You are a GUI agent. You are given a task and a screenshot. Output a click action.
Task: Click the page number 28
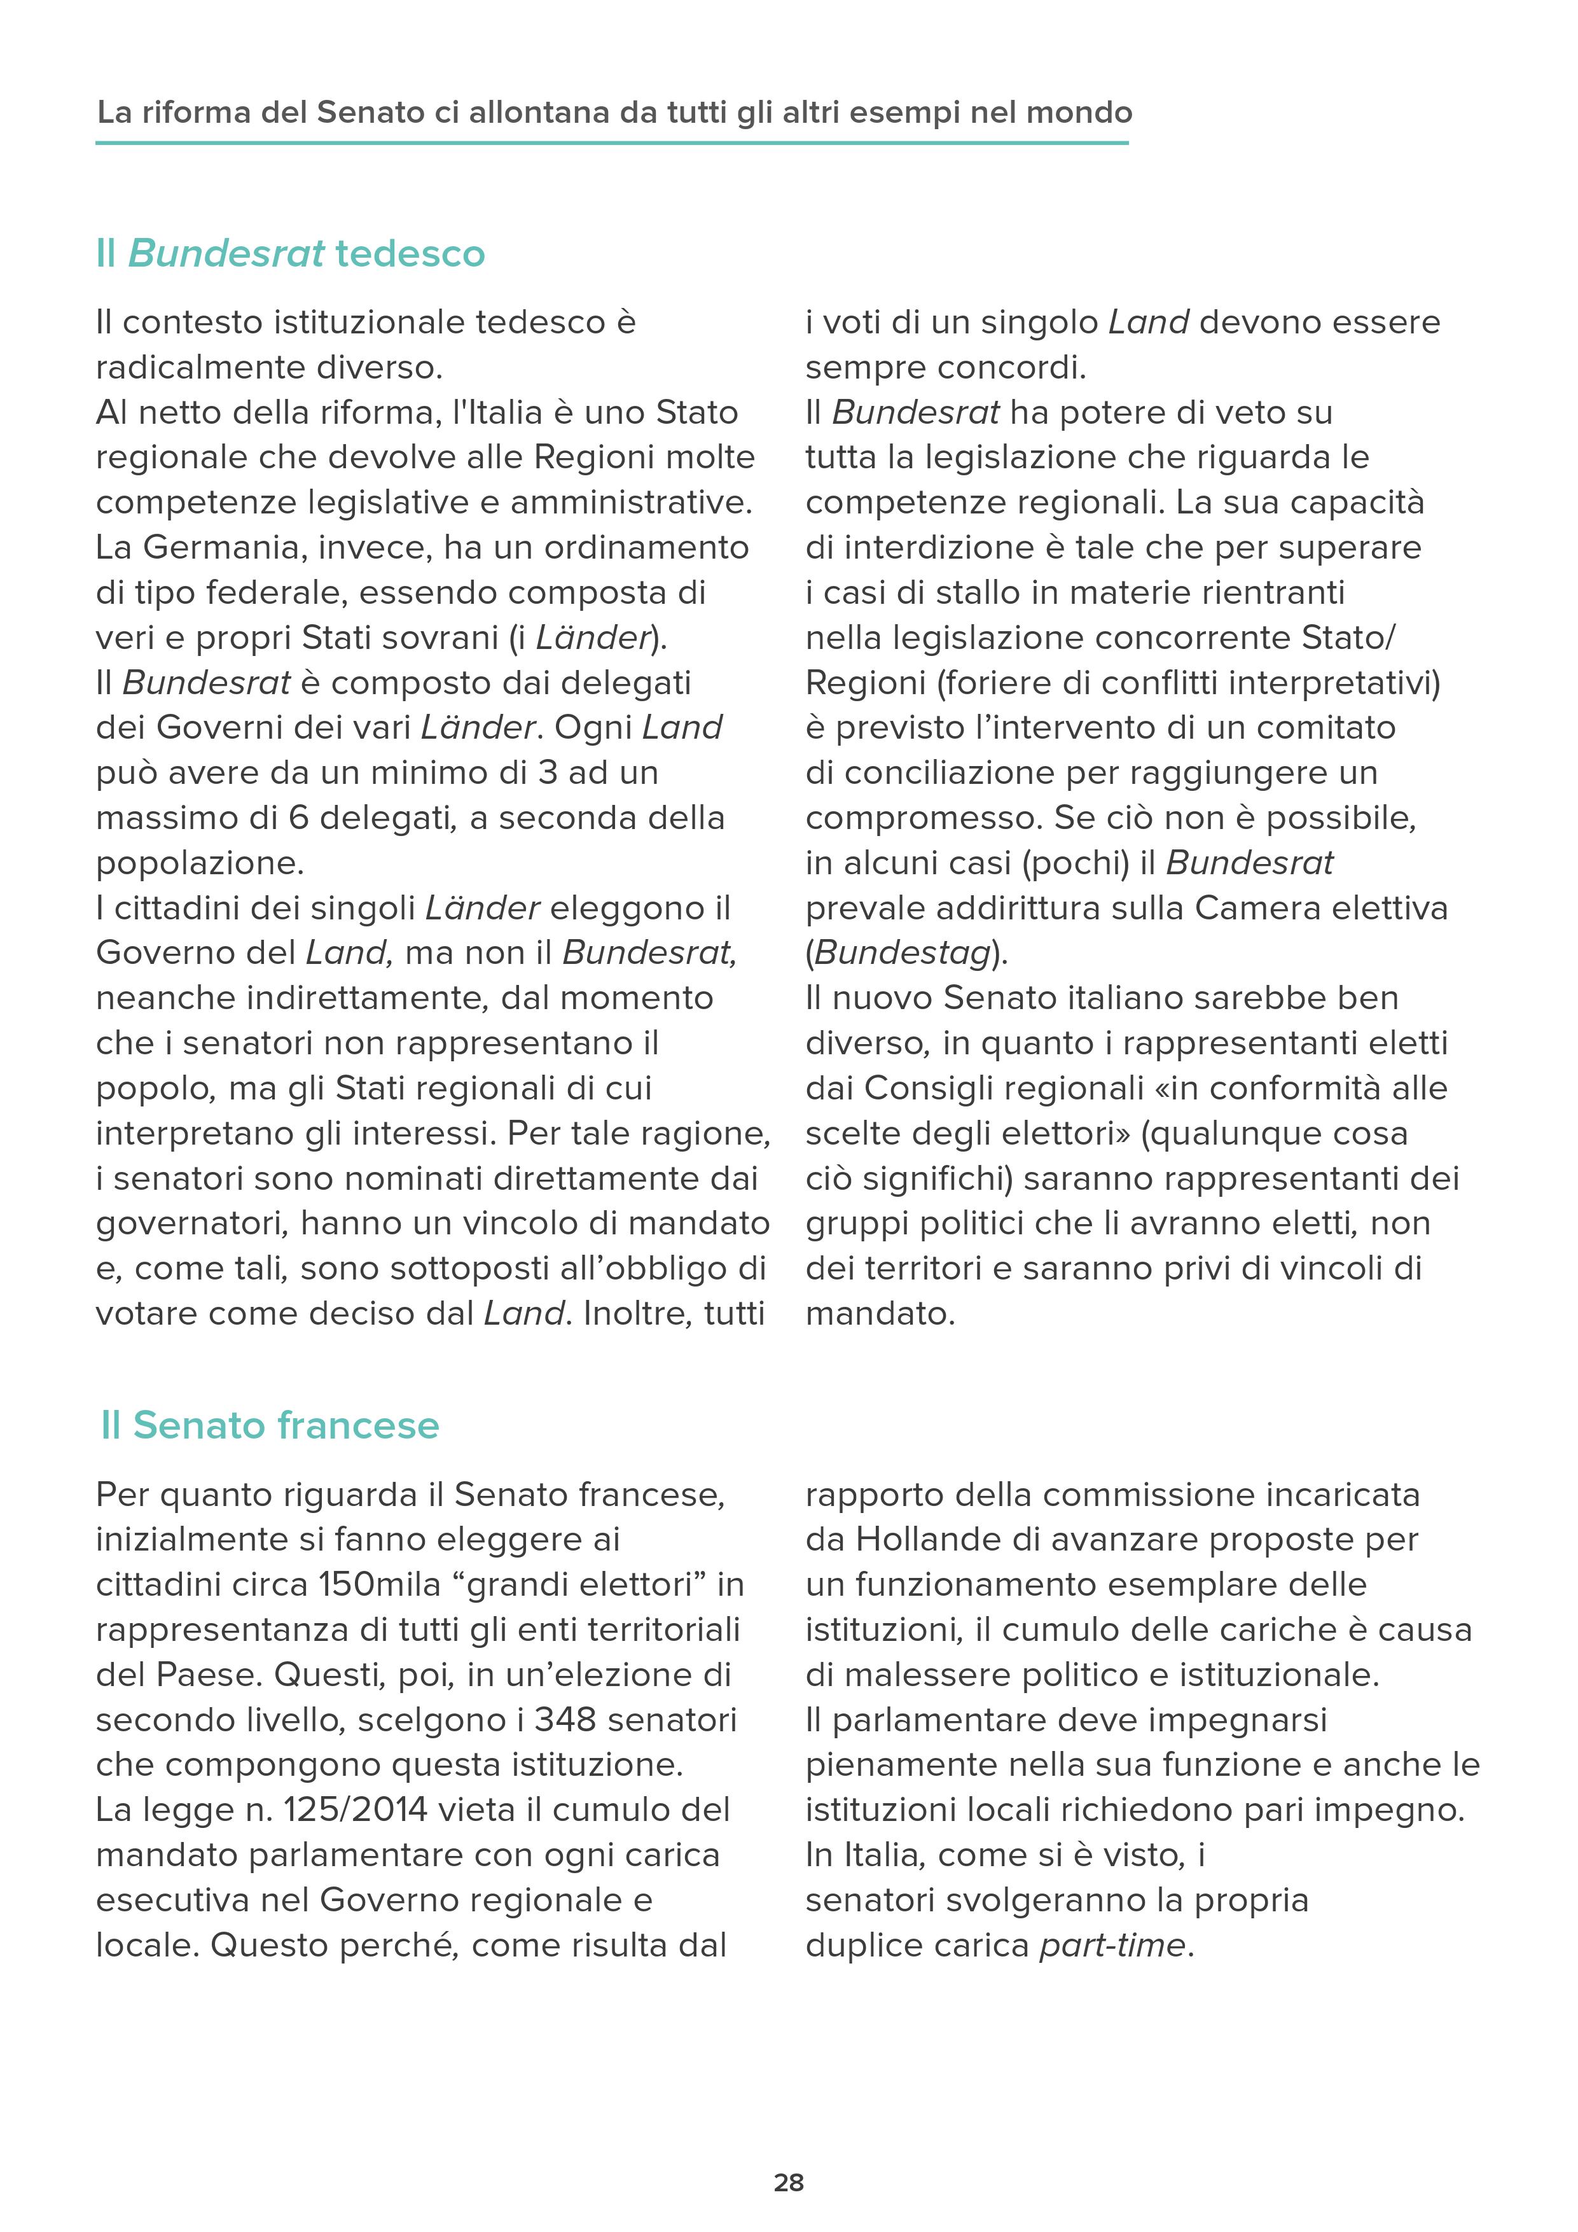[788, 2182]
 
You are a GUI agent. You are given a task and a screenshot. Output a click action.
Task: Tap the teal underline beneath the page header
[612, 144]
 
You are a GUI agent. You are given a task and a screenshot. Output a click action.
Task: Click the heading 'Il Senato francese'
[270, 1425]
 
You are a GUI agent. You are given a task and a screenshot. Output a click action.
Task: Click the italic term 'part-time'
[1112, 1945]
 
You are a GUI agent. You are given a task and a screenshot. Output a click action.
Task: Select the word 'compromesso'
[923, 818]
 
